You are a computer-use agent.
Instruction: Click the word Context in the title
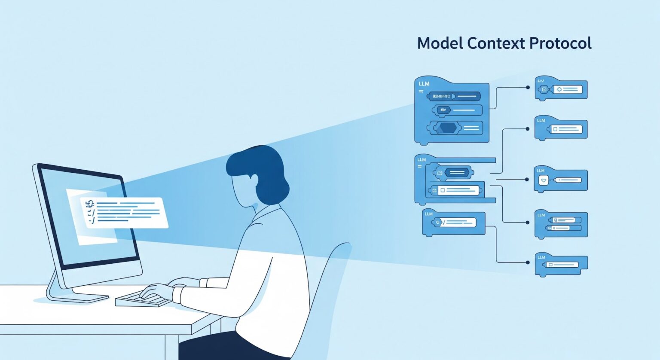[496, 43]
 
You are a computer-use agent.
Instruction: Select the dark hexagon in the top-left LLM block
[448, 128]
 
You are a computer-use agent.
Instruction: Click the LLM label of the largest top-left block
[424, 84]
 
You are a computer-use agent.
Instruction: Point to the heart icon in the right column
[544, 181]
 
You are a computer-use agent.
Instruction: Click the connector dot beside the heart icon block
[527, 179]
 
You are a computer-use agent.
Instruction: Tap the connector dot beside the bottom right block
[528, 262]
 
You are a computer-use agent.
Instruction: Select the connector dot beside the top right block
[528, 87]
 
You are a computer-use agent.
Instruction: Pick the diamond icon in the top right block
[559, 89]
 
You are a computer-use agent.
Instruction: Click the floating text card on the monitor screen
[125, 213]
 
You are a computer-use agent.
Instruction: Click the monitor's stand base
[77, 296]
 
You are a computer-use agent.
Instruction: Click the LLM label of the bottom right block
[541, 257]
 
